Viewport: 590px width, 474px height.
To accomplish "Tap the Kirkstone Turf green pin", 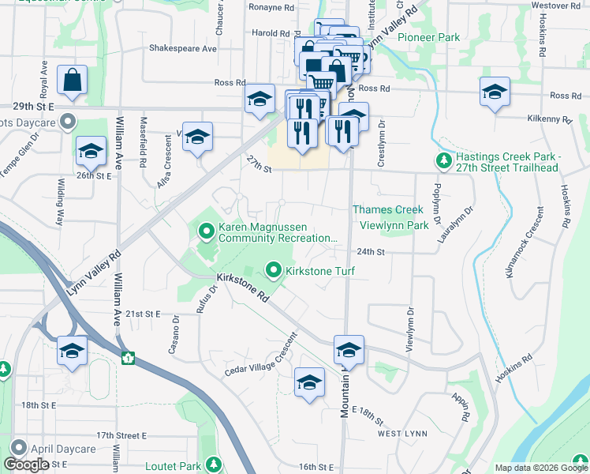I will [274, 271].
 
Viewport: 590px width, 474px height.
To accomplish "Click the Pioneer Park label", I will [428, 37].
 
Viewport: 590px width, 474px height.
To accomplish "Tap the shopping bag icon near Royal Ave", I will [72, 81].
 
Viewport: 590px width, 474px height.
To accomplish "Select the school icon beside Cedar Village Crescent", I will [309, 382].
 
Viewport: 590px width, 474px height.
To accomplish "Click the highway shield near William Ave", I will [128, 358].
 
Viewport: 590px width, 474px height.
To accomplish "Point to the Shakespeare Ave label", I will [183, 48].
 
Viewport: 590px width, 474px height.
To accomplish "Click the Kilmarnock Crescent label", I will [523, 242].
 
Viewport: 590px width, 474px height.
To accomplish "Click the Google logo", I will [27, 465].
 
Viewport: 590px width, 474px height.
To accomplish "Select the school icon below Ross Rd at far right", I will [495, 92].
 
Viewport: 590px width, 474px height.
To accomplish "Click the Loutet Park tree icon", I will [212, 465].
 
